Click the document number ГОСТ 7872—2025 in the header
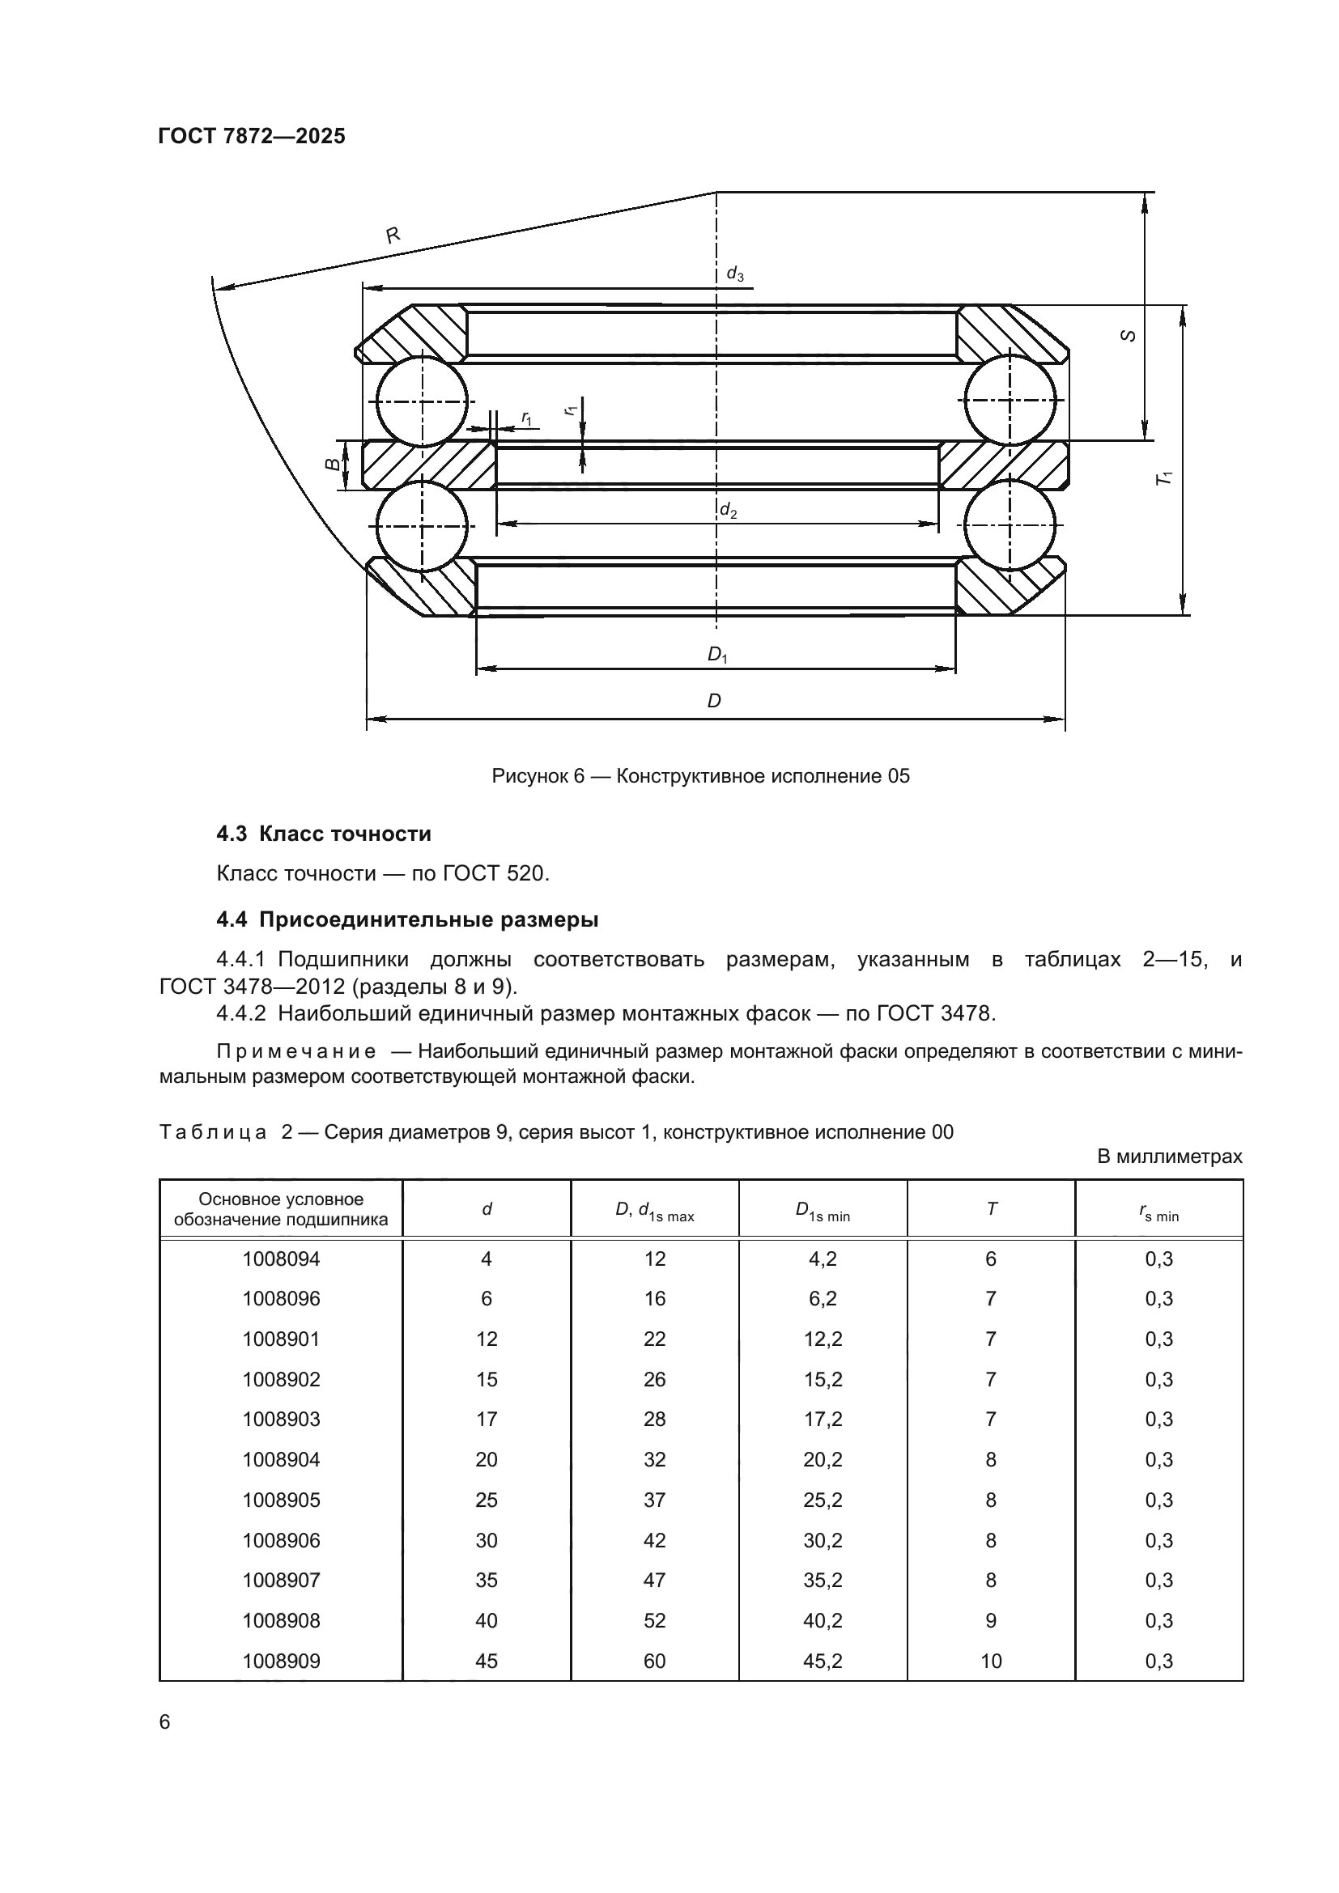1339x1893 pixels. [x=252, y=137]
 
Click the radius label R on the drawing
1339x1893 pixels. [x=393, y=235]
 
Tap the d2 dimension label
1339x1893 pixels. [x=728, y=511]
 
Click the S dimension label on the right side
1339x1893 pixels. [x=1129, y=336]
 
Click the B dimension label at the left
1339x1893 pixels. [x=331, y=465]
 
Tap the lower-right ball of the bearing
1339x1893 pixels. [x=1010, y=524]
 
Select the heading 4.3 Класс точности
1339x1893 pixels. [x=323, y=834]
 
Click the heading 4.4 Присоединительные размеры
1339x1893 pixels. [x=407, y=919]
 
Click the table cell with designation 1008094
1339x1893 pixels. [x=280, y=1259]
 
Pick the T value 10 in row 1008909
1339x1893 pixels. [x=990, y=1661]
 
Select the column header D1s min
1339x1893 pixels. [x=822, y=1210]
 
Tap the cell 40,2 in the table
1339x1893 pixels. [x=822, y=1620]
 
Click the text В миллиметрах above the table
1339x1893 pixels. [x=1169, y=1157]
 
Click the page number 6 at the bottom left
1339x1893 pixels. [x=165, y=1722]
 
